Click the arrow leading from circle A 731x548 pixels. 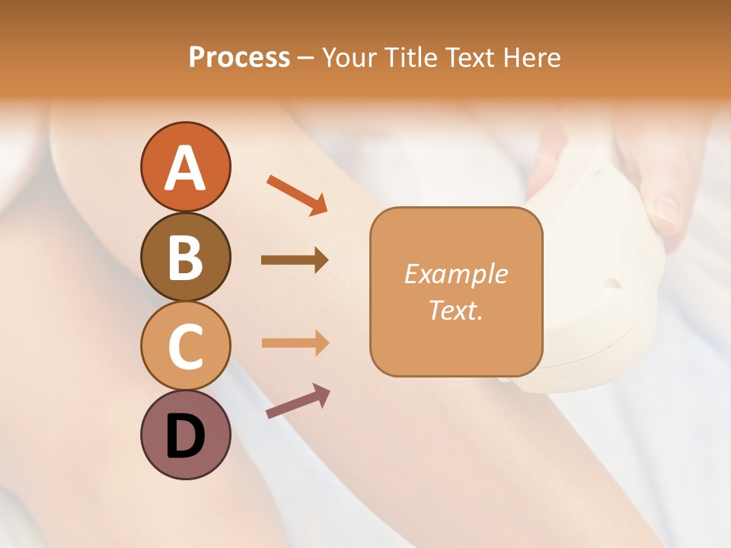click(x=297, y=194)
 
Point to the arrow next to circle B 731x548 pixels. click(x=295, y=260)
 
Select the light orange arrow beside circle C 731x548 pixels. click(x=295, y=342)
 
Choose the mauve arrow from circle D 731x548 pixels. click(x=298, y=401)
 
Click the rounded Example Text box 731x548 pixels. click(x=456, y=292)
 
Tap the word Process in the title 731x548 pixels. click(x=239, y=58)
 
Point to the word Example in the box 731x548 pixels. click(x=456, y=274)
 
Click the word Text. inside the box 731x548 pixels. click(x=456, y=311)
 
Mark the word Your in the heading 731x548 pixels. click(x=350, y=58)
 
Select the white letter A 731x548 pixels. click(x=186, y=167)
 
